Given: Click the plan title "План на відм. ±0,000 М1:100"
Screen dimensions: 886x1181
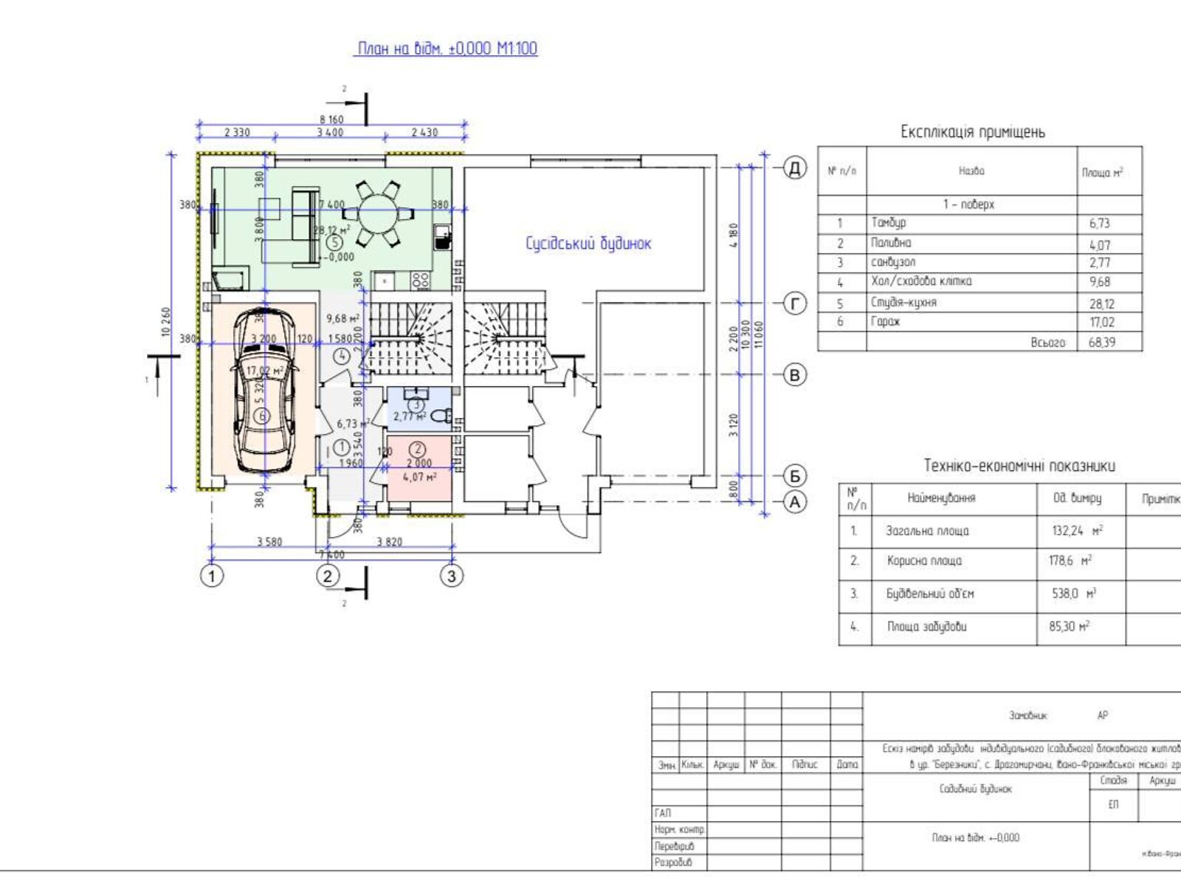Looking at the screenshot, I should pyautogui.click(x=447, y=49).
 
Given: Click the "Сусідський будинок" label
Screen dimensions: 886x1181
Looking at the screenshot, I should pyautogui.click(x=588, y=244).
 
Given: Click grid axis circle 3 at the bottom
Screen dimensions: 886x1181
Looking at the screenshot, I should pyautogui.click(x=452, y=575).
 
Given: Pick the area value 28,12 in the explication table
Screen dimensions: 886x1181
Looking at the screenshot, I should pyautogui.click(x=1099, y=303).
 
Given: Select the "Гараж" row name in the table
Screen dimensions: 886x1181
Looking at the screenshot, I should pyautogui.click(x=886, y=322).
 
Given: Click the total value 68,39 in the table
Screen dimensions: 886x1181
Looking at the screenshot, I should pyautogui.click(x=1101, y=343).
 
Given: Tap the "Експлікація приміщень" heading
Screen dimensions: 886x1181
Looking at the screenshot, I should pyautogui.click(x=972, y=132).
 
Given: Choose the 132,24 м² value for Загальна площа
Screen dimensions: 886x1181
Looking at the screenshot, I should pyautogui.click(x=1077, y=531).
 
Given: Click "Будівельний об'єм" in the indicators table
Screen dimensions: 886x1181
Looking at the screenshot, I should pyautogui.click(x=930, y=594).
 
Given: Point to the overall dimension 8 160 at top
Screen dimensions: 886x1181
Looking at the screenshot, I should pyautogui.click(x=331, y=119).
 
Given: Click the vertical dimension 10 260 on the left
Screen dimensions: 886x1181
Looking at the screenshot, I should pyautogui.click(x=166, y=322).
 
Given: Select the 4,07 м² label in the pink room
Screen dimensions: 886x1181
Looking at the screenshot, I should pyautogui.click(x=419, y=477).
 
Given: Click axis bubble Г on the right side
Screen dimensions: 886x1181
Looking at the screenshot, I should pyautogui.click(x=795, y=303).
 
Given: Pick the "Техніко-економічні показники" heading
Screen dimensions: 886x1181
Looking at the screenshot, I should pyautogui.click(x=1019, y=466).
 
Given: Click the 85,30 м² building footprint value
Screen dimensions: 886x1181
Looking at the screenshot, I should pyautogui.click(x=1069, y=627).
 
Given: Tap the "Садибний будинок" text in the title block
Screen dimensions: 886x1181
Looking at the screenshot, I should pyautogui.click(x=975, y=789).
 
